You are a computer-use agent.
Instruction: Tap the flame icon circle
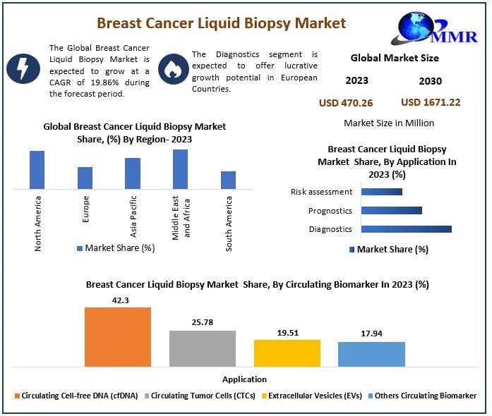tap(172, 68)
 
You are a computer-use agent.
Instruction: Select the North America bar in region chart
tap(37, 170)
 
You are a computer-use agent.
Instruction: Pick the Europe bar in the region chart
tap(85, 178)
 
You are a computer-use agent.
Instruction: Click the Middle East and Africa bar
tap(180, 169)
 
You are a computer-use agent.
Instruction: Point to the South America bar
tap(228, 180)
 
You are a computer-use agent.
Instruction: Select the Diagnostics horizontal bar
tap(406, 229)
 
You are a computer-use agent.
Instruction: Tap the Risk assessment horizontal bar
tap(381, 192)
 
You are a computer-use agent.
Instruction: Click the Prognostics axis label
tap(330, 211)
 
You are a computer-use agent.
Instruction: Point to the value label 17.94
tap(371, 334)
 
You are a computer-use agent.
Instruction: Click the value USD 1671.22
tap(431, 102)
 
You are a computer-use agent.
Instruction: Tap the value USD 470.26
tap(346, 103)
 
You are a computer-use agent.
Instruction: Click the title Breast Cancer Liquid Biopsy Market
tap(221, 23)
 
